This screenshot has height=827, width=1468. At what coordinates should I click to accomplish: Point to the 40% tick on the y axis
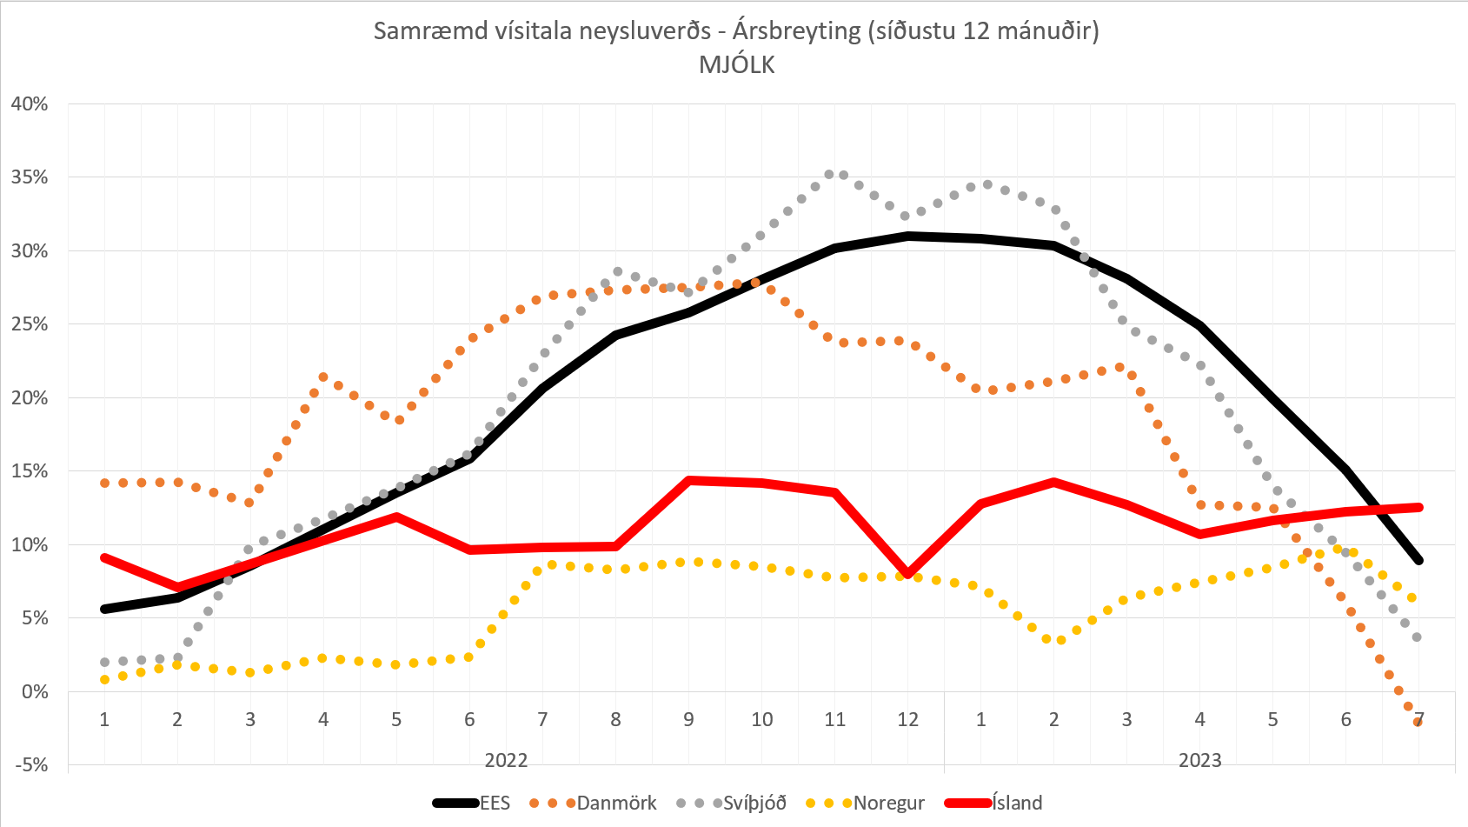tap(30, 103)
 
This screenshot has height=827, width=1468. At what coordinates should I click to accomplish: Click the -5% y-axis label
tap(30, 765)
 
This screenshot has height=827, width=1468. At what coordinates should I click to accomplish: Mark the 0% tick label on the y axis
tap(35, 691)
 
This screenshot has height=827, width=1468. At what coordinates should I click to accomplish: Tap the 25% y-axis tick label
tap(30, 324)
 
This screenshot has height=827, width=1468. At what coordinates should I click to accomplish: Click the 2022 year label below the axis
tap(506, 760)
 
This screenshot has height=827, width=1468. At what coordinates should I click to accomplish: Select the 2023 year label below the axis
tap(1199, 760)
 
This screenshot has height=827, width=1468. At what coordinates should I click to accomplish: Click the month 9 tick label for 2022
tap(688, 719)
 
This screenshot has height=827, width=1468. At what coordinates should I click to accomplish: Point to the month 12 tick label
tap(907, 719)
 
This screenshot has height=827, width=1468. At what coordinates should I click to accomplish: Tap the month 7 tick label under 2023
tap(1418, 719)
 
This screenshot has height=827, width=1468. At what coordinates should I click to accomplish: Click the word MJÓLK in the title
tap(736, 65)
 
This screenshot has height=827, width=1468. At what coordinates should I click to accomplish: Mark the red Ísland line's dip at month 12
tap(908, 574)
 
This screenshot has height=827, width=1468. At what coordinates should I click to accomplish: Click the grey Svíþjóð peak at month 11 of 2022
tap(829, 174)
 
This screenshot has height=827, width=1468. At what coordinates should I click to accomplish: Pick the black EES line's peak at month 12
tap(908, 236)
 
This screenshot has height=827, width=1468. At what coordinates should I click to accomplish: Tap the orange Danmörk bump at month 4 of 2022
tap(323, 377)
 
